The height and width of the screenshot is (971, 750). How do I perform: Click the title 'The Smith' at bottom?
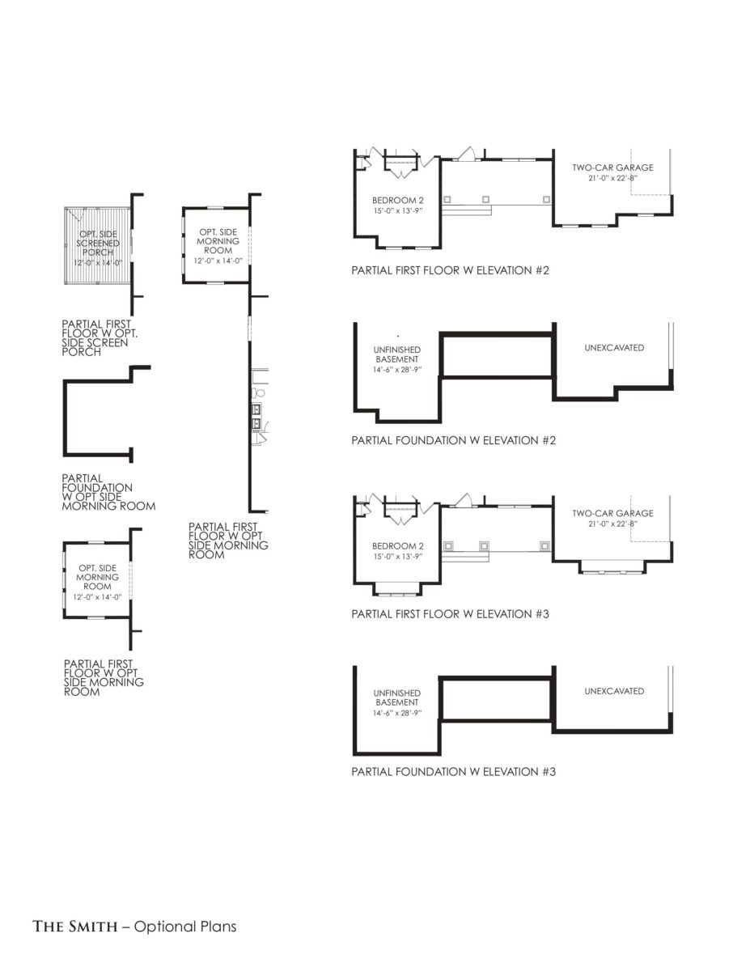coord(74,926)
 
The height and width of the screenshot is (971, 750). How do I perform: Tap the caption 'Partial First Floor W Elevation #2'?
coord(450,270)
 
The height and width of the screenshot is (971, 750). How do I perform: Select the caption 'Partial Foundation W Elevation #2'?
coord(453,441)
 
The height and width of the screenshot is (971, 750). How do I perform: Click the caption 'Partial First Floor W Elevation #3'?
coord(450,614)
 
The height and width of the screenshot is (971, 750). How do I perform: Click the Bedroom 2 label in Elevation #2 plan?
coord(397,201)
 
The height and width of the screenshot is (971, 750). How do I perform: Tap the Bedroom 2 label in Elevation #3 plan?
coord(397,546)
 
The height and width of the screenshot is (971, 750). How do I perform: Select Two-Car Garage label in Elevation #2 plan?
coord(612,167)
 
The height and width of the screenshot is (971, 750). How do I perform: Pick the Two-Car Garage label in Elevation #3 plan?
coord(612,513)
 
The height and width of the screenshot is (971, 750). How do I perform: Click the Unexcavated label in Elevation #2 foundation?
coord(614,348)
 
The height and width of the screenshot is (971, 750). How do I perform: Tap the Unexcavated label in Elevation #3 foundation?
coord(614,691)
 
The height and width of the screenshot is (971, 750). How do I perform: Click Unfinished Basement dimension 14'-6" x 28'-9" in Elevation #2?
coord(397,370)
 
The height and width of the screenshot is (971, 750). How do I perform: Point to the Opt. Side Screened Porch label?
coord(98,243)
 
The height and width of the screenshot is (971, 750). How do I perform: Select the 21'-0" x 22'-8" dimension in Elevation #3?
coord(612,524)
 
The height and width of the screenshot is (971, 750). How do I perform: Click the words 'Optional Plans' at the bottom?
coord(185,926)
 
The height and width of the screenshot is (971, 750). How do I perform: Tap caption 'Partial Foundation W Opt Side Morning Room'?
coord(108,493)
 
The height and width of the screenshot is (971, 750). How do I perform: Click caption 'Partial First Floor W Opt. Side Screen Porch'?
coord(100,337)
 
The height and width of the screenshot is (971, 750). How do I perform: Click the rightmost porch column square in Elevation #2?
coord(546,199)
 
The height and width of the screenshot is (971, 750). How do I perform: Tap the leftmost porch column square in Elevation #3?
coord(448,546)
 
